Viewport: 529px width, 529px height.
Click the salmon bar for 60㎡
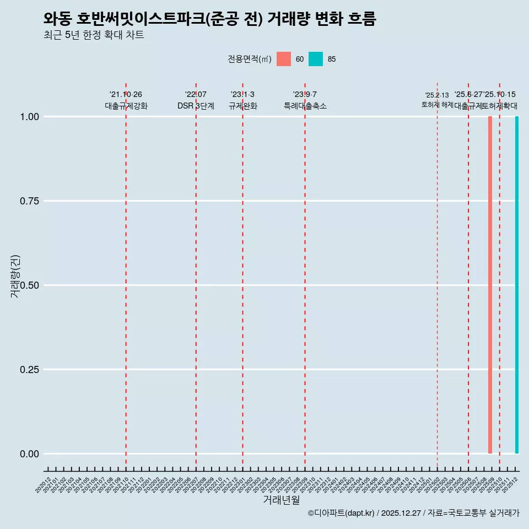coord(490,285)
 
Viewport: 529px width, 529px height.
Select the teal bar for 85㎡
coord(517,285)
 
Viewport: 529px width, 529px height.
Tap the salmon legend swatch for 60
coord(284,59)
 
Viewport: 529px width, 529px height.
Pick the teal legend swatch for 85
coord(316,59)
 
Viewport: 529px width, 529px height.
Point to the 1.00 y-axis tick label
coord(29,117)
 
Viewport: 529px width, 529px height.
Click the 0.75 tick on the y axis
coord(29,201)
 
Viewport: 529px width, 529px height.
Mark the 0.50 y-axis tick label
coord(29,285)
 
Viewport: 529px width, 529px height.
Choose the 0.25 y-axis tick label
coord(29,370)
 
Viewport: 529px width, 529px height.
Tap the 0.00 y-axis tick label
coord(29,454)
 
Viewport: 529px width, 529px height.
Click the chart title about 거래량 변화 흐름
coord(209,19)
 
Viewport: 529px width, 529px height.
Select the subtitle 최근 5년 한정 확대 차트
coord(94,35)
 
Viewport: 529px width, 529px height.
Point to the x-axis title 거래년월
coord(281,500)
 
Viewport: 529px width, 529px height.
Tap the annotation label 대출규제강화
coord(126,106)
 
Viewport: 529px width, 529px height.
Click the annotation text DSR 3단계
coord(196,106)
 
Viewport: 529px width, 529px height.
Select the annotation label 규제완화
coord(243,106)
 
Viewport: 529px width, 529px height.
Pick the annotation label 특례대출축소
coord(305,106)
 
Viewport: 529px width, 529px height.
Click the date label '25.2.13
coord(437,95)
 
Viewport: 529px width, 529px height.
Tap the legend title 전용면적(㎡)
coord(249,59)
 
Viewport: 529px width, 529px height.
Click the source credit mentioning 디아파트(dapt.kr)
coord(413,513)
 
